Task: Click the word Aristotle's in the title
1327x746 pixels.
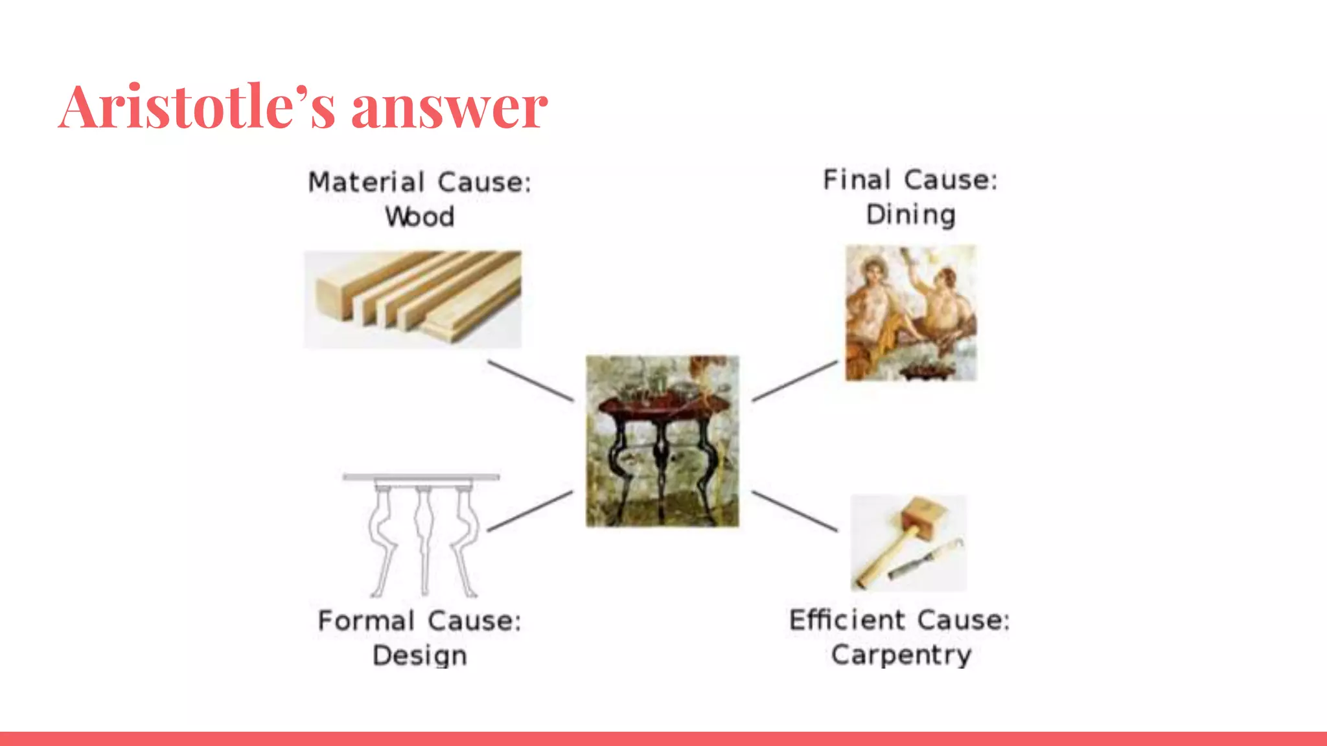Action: pyautogui.click(x=196, y=107)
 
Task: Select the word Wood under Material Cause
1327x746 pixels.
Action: pyautogui.click(x=420, y=217)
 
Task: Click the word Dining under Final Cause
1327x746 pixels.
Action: pyautogui.click(x=910, y=215)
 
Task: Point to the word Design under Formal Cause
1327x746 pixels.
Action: pyautogui.click(x=420, y=655)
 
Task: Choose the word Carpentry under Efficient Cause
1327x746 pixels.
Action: pyautogui.click(x=901, y=655)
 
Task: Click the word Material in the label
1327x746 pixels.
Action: pyautogui.click(x=366, y=183)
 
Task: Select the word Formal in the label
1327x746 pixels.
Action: pyautogui.click(x=366, y=621)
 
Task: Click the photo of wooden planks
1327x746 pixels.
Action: pyautogui.click(x=413, y=299)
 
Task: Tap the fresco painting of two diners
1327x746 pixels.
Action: pyautogui.click(x=910, y=313)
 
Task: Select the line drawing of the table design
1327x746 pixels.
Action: pyautogui.click(x=422, y=535)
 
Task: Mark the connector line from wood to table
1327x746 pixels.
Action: pyautogui.click(x=530, y=381)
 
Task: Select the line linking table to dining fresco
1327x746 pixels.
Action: pyautogui.click(x=794, y=381)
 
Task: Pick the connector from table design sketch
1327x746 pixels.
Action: pyautogui.click(x=530, y=511)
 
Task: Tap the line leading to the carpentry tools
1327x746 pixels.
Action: pyautogui.click(x=794, y=511)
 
